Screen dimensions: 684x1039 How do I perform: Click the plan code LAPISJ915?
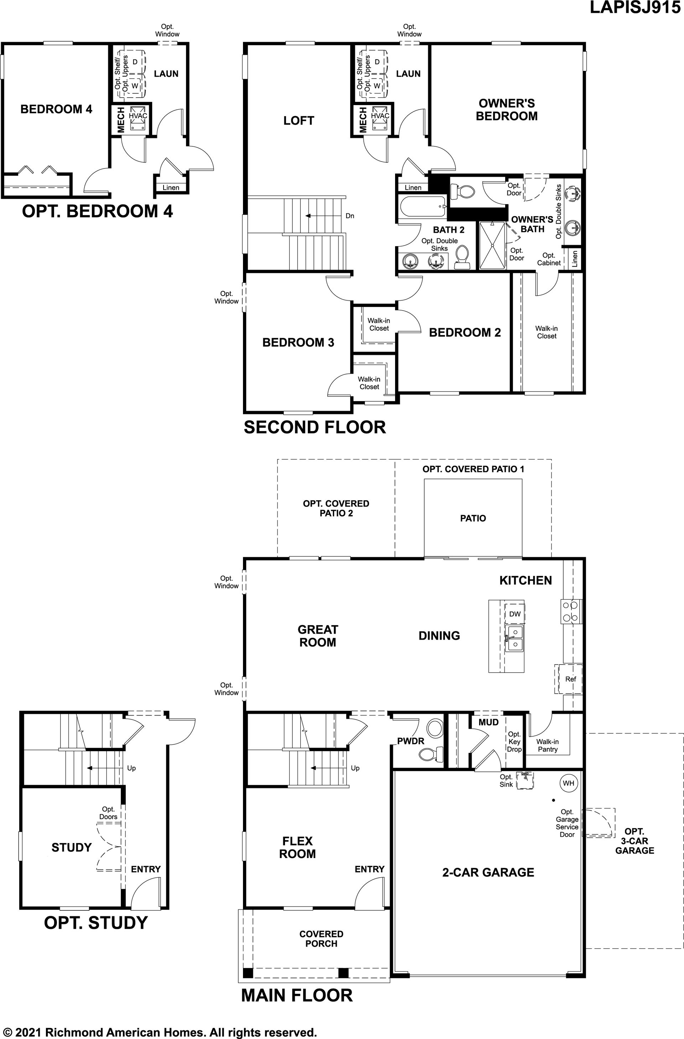(x=635, y=7)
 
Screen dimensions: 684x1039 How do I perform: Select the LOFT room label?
(x=299, y=120)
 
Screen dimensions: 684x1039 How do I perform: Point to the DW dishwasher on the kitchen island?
(x=515, y=614)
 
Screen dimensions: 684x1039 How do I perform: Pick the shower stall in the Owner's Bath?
(x=492, y=245)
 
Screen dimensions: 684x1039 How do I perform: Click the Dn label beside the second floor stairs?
(x=349, y=215)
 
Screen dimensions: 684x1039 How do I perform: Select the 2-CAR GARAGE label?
(x=488, y=872)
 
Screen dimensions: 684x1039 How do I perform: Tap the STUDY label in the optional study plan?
(x=72, y=847)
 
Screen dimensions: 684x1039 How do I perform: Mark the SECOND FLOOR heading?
(x=315, y=427)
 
